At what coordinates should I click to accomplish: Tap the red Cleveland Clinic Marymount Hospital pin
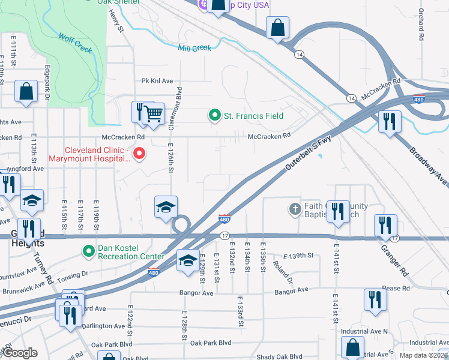[139, 154]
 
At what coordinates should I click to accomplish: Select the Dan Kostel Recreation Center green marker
[89, 250]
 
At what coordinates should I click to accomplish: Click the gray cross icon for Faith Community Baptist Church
[295, 209]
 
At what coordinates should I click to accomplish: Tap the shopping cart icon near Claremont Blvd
[154, 113]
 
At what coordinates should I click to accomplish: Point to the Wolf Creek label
[76, 44]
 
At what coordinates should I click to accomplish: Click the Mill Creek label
[194, 47]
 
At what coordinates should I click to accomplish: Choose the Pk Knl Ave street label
[157, 81]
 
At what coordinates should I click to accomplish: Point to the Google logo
[20, 353]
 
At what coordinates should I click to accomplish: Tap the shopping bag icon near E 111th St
[26, 92]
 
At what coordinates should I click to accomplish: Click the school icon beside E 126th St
[166, 206]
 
